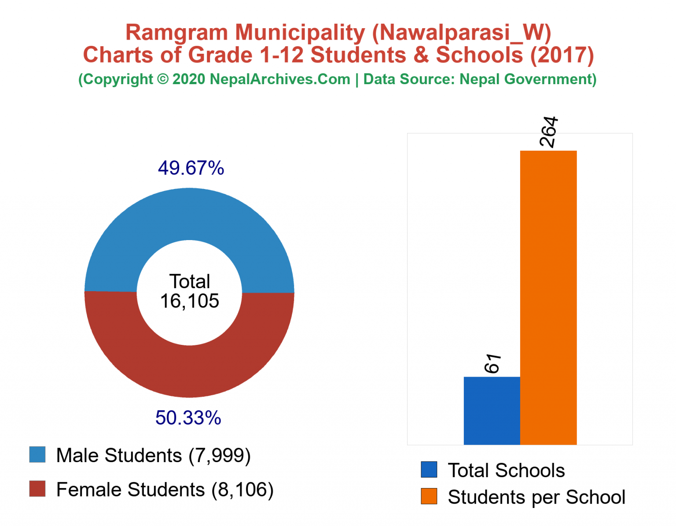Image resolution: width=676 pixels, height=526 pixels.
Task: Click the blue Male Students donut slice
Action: tap(189, 214)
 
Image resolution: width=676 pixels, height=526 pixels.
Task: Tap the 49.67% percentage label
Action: tap(191, 168)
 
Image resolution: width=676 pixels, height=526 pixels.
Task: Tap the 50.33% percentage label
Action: tap(188, 418)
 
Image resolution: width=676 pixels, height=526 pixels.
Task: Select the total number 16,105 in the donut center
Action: tap(189, 301)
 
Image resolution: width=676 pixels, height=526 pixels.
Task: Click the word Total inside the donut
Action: tap(190, 282)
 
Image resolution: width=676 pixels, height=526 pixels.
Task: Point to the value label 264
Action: tap(548, 132)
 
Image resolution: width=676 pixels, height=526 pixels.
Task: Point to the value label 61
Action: tap(492, 363)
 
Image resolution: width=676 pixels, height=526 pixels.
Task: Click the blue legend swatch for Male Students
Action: tap(37, 455)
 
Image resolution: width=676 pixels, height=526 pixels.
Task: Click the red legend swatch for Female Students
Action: tap(37, 489)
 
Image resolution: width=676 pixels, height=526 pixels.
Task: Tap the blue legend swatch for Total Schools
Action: tap(429, 470)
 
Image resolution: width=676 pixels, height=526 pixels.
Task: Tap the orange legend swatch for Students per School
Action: tap(429, 496)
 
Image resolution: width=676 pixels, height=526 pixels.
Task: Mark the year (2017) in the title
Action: tap(562, 55)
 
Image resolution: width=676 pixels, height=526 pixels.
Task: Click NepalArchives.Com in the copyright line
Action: tap(280, 79)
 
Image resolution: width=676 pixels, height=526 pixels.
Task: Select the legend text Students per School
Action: tap(536, 497)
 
